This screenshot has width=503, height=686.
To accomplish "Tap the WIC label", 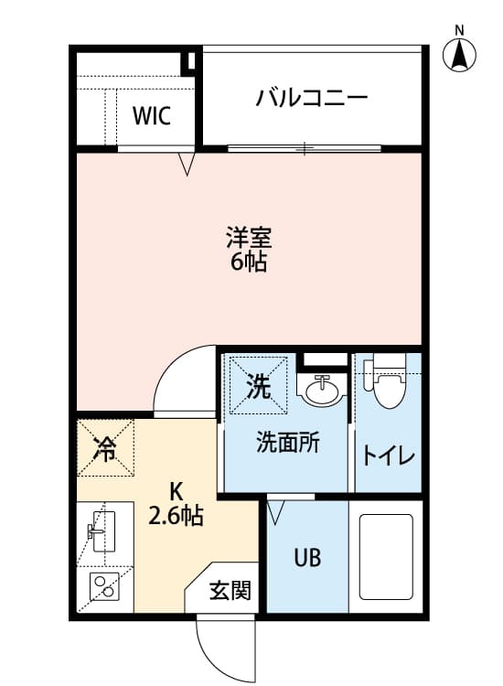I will click(x=151, y=116).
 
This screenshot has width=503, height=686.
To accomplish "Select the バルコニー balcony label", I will click(x=312, y=97).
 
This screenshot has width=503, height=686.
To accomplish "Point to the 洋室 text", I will click(x=249, y=237).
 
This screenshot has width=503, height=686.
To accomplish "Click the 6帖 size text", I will click(x=249, y=263).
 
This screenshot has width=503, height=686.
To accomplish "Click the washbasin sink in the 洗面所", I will click(x=322, y=392).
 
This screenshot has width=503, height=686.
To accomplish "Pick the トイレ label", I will click(x=389, y=455).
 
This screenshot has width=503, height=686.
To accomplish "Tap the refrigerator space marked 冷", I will click(x=105, y=448).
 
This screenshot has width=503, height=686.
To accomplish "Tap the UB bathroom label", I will click(x=306, y=557).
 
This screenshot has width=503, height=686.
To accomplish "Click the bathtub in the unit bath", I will click(x=386, y=557).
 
